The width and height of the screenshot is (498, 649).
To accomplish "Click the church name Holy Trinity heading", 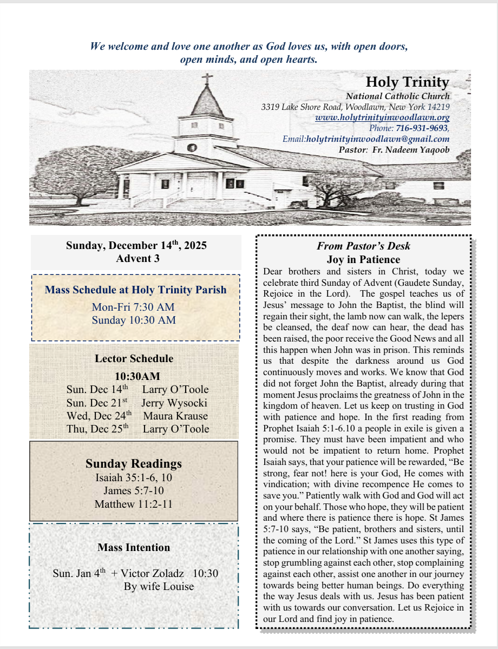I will click(407, 82).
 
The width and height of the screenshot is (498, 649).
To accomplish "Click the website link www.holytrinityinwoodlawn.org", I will click(382, 117).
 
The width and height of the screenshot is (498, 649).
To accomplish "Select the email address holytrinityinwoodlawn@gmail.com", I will click(378, 139).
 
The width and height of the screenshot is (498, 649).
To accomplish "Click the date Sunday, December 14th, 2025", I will click(136, 245).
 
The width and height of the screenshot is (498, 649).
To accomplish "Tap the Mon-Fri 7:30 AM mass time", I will click(133, 307).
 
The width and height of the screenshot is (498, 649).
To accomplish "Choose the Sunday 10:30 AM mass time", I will click(134, 320).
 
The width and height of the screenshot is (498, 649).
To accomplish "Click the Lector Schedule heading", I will click(134, 358).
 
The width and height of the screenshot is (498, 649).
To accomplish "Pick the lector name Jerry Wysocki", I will click(174, 403).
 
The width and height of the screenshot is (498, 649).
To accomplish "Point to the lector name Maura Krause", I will click(175, 416).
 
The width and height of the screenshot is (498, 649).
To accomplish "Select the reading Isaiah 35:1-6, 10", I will click(133, 477).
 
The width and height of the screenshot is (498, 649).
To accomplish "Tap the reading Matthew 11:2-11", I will click(133, 504).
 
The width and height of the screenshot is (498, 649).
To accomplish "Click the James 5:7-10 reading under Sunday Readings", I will click(133, 491).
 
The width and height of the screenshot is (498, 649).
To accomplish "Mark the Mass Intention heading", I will click(134, 547).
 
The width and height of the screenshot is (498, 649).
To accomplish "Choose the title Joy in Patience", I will click(363, 260).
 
